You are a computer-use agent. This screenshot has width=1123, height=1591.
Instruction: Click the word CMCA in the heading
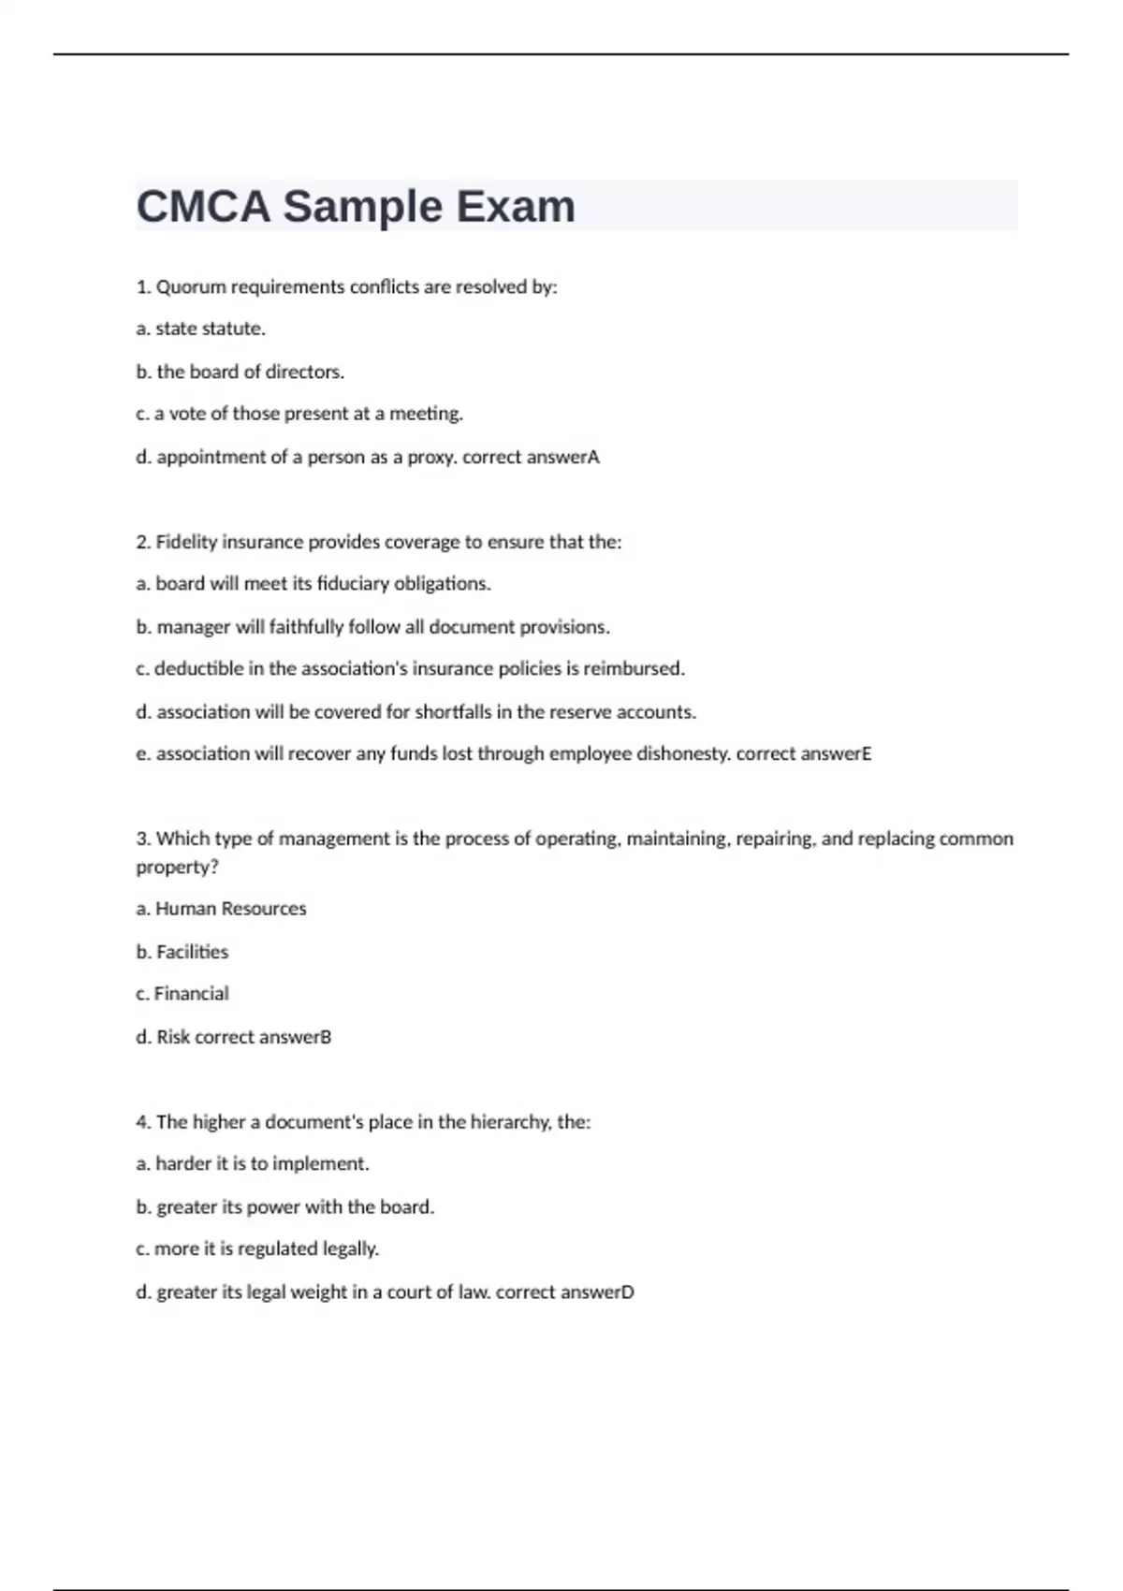point(203,207)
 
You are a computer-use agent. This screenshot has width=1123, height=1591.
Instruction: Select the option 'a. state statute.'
point(200,329)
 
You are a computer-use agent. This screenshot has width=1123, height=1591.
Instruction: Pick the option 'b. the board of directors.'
point(240,372)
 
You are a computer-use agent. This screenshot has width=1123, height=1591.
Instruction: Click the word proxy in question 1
point(429,458)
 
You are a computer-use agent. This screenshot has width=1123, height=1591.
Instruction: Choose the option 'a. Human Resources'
point(221,909)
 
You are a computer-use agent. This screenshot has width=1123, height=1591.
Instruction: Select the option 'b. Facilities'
point(182,952)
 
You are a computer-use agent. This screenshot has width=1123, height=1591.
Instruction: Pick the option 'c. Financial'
point(182,994)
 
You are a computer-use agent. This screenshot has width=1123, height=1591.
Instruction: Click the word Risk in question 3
point(173,1037)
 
